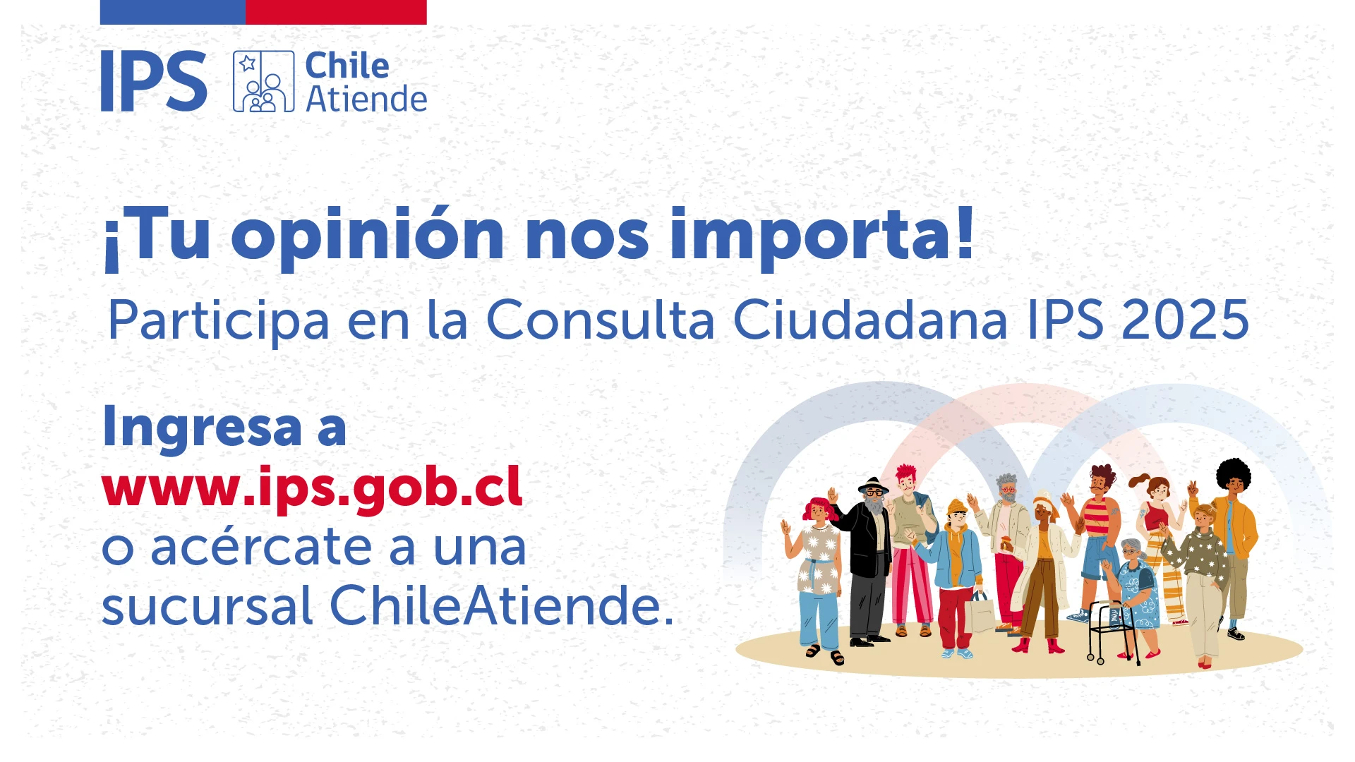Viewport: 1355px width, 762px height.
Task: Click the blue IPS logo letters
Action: coord(153,81)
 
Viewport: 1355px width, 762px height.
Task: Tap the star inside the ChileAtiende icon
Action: coord(247,64)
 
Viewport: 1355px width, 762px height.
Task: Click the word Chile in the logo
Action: coord(347,66)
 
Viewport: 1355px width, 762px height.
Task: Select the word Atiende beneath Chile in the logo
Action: coord(366,99)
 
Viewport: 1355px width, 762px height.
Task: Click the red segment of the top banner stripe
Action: coord(336,12)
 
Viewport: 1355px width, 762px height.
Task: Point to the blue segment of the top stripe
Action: coord(172,12)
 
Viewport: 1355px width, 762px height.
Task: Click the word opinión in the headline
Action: coord(368,236)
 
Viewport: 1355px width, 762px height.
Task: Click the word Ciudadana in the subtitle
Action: coord(870,320)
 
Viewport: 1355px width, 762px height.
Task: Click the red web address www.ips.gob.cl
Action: coord(312,487)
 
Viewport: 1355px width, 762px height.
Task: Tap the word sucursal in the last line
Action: coord(207,606)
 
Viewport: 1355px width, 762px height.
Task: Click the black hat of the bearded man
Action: coord(873,485)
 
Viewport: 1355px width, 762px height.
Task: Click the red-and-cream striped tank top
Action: coord(1097,516)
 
